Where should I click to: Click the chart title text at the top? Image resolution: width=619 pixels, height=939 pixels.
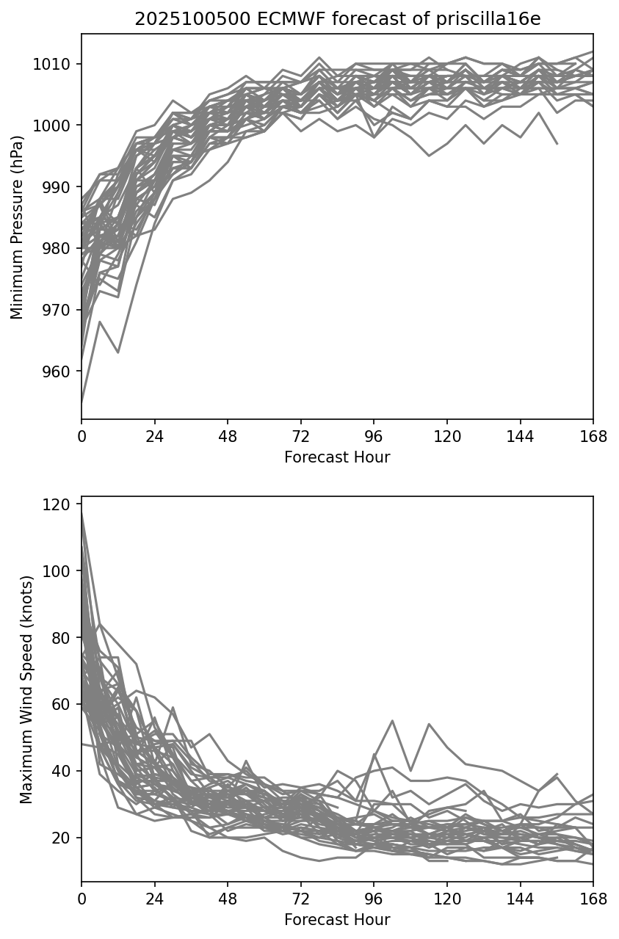337,19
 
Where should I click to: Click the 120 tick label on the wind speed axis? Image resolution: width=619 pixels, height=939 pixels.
60,504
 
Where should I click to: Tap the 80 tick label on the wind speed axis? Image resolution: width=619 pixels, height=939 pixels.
63,638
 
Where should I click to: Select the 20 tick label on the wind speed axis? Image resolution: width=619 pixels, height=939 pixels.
63,838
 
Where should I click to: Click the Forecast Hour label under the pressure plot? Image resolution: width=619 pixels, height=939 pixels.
337,457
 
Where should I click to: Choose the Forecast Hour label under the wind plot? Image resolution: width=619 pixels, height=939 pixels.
337,920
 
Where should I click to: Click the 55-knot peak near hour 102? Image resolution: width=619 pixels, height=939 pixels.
392,721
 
